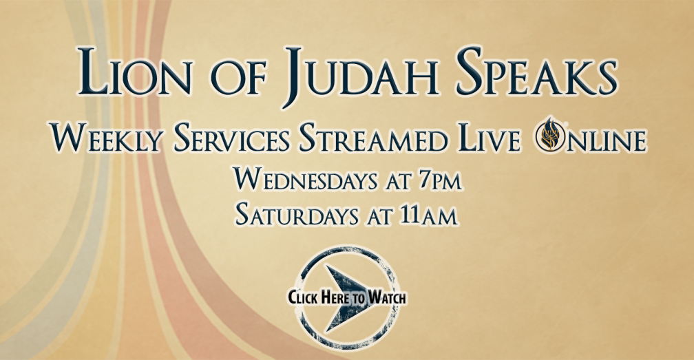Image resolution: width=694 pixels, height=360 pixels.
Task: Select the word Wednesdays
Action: [x=306, y=180]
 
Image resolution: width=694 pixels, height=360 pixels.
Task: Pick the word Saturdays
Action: [x=297, y=215]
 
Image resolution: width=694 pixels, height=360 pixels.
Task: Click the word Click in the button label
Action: [x=303, y=297]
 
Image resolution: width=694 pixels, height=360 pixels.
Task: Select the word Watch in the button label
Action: [x=387, y=297]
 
